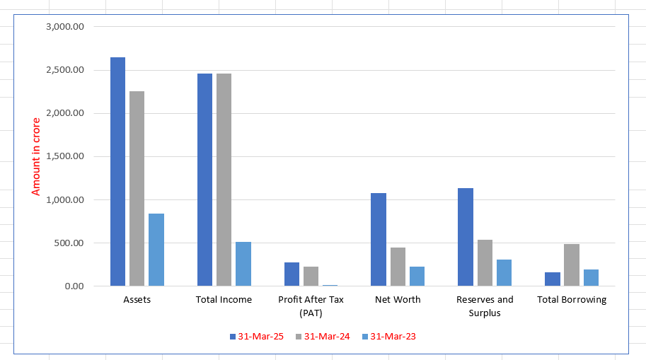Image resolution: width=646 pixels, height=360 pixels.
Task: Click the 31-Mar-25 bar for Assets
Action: pos(117,172)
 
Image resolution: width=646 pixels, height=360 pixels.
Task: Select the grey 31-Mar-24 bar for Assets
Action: pos(137,189)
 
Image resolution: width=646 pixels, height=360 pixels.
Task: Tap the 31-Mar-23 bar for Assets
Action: pos(156,250)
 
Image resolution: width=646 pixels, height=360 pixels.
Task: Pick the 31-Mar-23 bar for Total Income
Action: pos(243,264)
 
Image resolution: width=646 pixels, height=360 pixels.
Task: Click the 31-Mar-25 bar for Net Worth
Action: pos(379,240)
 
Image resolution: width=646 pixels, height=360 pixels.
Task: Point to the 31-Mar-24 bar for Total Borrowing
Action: pos(572,265)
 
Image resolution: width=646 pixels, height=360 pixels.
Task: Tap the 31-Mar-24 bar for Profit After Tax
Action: pos(311,277)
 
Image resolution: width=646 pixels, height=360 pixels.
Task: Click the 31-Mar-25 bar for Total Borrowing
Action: pos(552,279)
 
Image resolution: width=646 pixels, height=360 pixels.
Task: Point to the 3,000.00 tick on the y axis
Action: pos(64,27)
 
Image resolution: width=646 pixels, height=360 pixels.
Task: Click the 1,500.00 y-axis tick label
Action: pos(64,157)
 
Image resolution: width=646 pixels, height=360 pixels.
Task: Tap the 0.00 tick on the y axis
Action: pos(74,286)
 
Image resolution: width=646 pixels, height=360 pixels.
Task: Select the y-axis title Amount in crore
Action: pos(36,157)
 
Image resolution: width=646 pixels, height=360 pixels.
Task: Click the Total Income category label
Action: pos(224,300)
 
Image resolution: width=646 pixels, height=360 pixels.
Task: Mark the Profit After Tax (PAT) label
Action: pos(311,306)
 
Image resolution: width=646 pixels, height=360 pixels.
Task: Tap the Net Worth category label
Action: pos(398,300)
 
